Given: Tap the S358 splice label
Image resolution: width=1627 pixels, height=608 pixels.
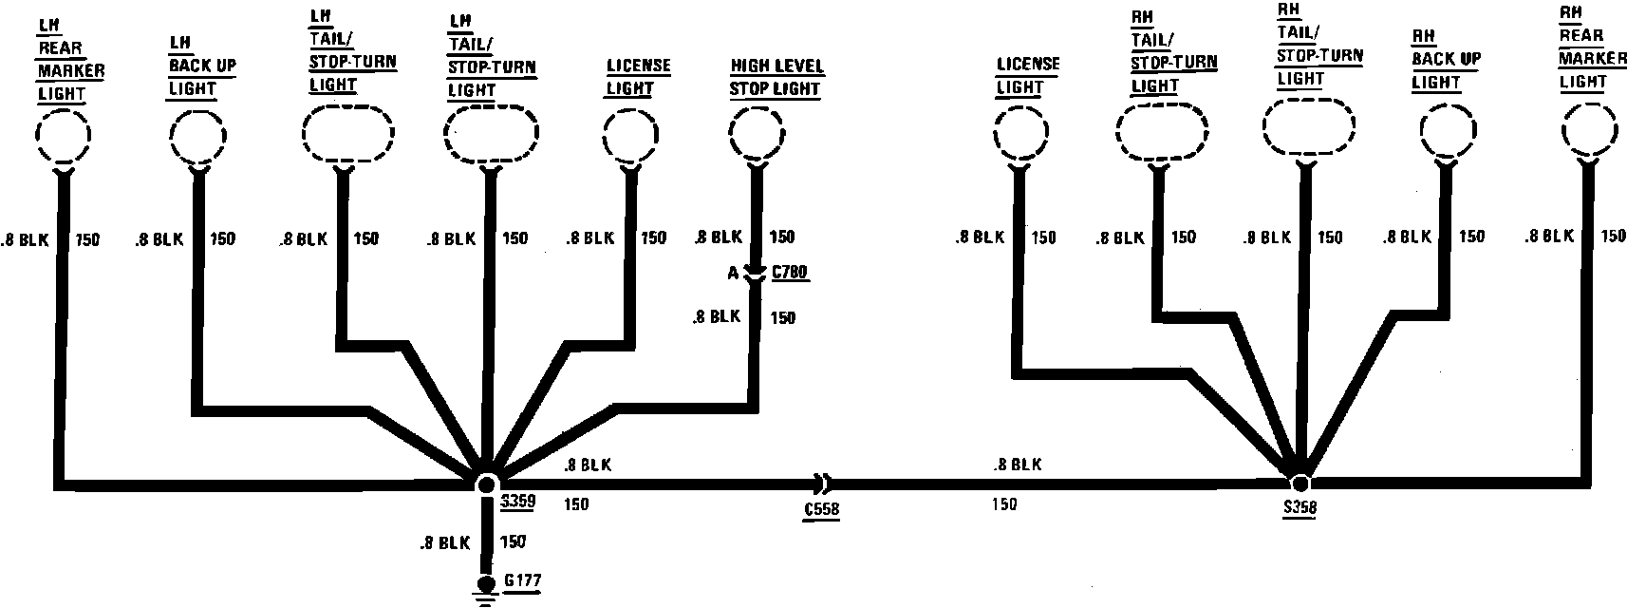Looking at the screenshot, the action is [1298, 508].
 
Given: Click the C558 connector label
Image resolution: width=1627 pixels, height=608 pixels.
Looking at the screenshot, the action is [820, 510].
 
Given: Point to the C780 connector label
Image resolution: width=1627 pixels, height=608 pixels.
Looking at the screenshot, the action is [790, 274].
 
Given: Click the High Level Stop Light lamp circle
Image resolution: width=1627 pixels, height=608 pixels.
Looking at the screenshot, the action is [757, 134].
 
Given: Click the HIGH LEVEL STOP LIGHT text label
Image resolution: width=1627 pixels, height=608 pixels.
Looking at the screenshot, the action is [776, 78].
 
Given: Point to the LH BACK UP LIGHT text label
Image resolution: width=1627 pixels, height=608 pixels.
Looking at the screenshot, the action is [201, 66].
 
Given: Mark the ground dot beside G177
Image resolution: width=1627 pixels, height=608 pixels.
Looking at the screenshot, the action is [487, 583].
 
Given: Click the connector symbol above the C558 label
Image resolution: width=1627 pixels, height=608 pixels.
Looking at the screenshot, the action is [821, 482].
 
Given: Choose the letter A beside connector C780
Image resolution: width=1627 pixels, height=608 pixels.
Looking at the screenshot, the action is [733, 274].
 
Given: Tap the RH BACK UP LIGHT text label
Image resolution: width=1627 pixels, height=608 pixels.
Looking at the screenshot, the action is [1445, 60].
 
